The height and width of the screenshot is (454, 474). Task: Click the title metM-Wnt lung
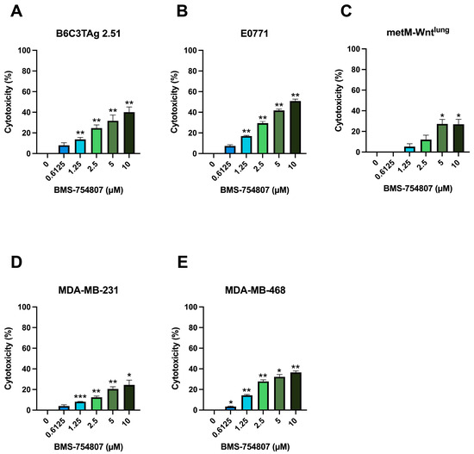pos(409,35)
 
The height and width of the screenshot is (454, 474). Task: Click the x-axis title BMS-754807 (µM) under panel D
pos(88,446)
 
